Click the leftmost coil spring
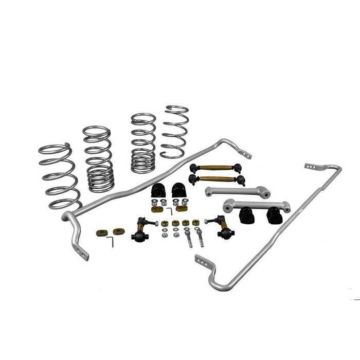pyautogui.click(x=59, y=177)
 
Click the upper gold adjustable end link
pyautogui.click(x=215, y=168)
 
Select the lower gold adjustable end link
pyautogui.click(x=216, y=179)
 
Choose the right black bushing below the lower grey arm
pyautogui.click(x=274, y=216)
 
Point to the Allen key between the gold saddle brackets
pyautogui.click(x=170, y=210)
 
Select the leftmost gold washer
pyautogui.click(x=101, y=232)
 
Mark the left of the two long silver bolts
pyautogui.click(x=189, y=239)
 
